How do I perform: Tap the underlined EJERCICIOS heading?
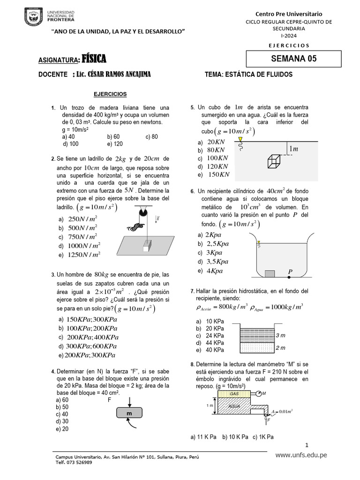[107, 94]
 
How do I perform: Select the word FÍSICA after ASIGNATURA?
[94, 59]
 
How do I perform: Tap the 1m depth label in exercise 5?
[293, 149]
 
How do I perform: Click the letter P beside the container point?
[290, 271]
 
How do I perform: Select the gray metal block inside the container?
[270, 274]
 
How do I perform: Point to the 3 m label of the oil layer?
[281, 335]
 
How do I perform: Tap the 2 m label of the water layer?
[281, 348]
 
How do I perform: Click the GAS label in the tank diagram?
[234, 393]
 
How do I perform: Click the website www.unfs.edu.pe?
[301, 455]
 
